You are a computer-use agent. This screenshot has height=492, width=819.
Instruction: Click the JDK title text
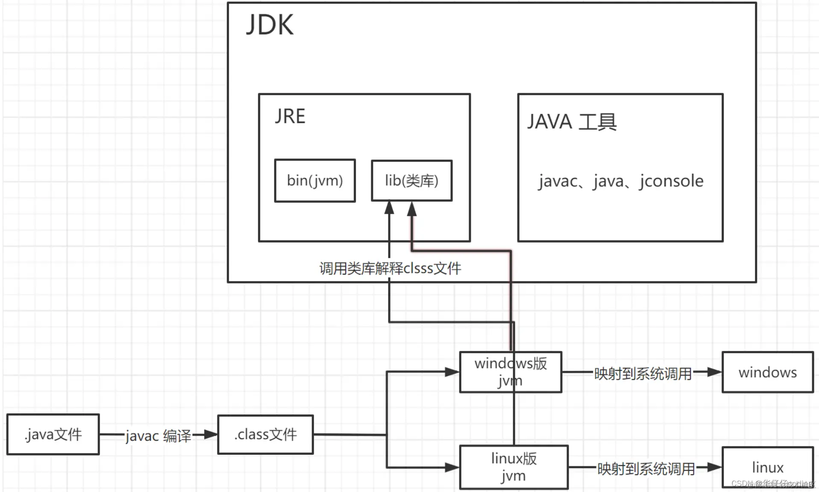tap(270, 25)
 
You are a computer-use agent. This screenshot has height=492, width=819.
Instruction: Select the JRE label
tap(290, 117)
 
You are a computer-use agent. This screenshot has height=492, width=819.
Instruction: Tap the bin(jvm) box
tap(315, 181)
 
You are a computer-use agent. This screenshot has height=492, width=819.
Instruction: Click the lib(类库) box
tap(411, 181)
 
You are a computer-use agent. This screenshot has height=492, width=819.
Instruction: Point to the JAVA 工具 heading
tap(572, 122)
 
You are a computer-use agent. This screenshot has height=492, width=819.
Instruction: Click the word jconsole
tap(671, 181)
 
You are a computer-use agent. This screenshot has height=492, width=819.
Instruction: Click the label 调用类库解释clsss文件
tap(390, 269)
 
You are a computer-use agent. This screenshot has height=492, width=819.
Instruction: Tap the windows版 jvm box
tap(511, 372)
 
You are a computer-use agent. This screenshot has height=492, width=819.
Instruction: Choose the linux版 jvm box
tap(514, 467)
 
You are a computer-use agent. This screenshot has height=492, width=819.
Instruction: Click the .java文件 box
tap(53, 434)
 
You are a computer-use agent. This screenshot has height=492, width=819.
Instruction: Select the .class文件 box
tap(265, 434)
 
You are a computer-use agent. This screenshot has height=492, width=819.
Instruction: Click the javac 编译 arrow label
tap(158, 436)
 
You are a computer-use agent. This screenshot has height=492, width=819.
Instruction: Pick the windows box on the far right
tap(767, 372)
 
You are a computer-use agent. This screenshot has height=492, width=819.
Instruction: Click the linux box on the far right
tap(767, 467)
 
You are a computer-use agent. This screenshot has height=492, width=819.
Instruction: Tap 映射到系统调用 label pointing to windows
tap(643, 374)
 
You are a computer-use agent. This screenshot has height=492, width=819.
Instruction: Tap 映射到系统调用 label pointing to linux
tap(646, 469)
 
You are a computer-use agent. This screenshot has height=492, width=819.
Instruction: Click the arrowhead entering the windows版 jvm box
tap(452, 372)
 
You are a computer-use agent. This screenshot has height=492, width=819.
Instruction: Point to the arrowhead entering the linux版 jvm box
tap(452, 467)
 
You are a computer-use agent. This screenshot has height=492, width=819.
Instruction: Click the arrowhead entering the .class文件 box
tap(211, 435)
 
